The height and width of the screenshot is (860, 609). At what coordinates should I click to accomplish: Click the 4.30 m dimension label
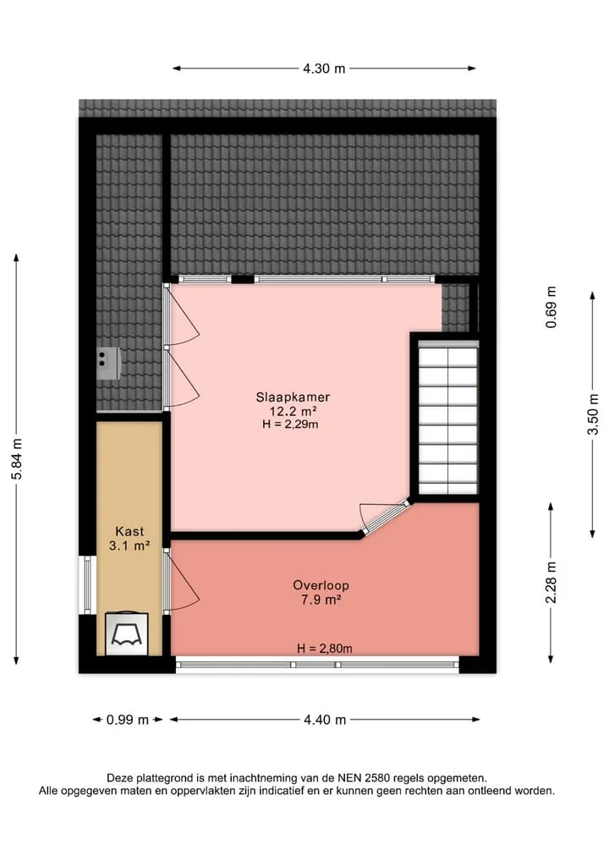click(324, 68)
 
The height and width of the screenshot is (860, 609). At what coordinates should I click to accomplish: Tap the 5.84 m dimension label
click(17, 459)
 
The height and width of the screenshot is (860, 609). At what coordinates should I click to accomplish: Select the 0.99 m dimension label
click(127, 720)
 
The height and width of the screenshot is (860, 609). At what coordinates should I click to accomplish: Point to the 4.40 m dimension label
click(325, 720)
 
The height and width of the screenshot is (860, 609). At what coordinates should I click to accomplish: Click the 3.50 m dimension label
click(593, 414)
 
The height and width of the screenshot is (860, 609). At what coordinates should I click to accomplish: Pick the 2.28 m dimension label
click(551, 583)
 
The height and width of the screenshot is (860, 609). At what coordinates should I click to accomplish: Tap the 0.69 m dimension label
click(551, 307)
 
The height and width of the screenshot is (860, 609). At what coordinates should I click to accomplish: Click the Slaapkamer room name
click(293, 397)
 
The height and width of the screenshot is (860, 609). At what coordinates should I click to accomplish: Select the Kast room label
click(129, 531)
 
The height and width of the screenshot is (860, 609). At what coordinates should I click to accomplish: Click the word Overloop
click(321, 585)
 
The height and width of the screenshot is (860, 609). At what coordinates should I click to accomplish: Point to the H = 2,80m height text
click(325, 649)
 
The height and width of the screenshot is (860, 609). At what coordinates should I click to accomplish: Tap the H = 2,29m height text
click(290, 424)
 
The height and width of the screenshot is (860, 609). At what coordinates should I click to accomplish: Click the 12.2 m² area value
click(293, 411)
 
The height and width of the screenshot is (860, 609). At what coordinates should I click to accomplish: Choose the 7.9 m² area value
click(321, 600)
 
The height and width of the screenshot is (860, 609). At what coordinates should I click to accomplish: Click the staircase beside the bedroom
click(447, 418)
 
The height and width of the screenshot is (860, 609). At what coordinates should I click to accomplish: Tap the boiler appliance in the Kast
click(127, 633)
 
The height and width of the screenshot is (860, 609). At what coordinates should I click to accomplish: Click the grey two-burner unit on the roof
click(108, 363)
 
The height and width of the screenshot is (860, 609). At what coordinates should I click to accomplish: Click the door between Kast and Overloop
click(181, 583)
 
